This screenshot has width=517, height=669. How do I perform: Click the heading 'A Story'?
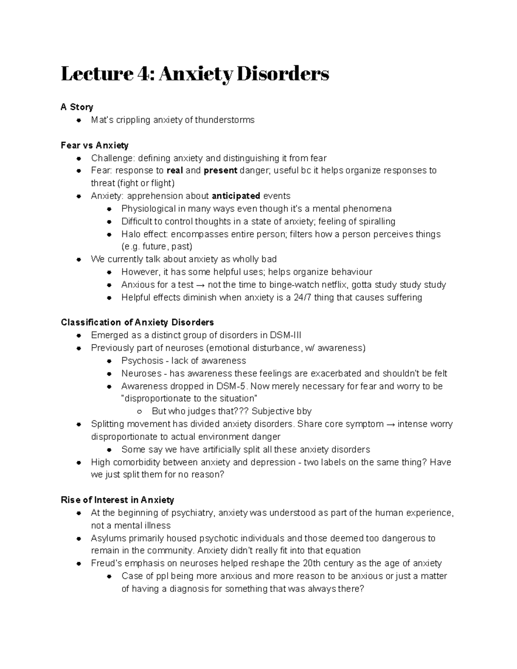(77, 107)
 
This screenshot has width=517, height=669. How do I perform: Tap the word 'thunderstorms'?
(224, 120)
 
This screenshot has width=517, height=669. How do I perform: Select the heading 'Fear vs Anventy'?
(95, 145)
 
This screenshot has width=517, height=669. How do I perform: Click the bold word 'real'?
(174, 171)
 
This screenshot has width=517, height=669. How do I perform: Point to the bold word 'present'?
(221, 171)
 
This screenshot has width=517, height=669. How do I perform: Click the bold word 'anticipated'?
(236, 196)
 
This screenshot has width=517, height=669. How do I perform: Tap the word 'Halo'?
(131, 234)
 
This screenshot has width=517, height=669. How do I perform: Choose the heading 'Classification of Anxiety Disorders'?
(137, 323)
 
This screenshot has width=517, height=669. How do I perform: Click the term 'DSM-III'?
(286, 335)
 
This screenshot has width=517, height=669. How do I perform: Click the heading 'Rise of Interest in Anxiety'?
(118, 500)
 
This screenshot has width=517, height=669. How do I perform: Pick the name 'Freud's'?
(106, 563)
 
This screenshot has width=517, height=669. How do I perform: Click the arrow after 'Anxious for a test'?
(200, 285)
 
